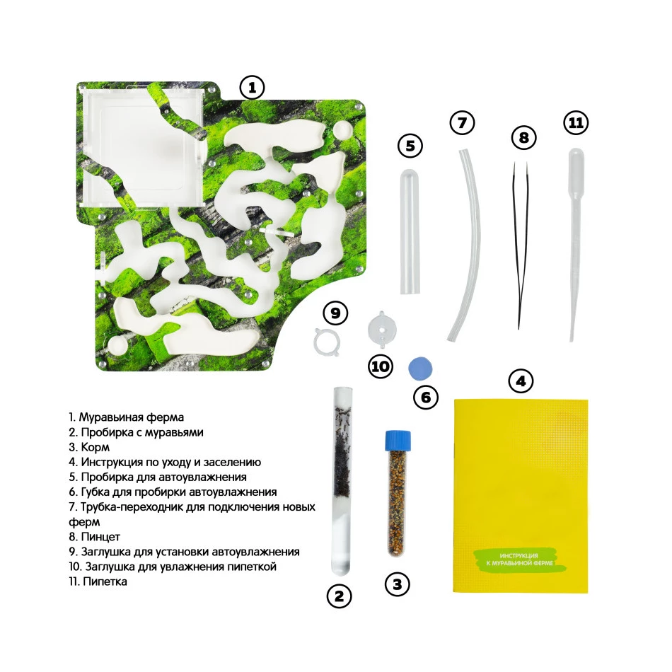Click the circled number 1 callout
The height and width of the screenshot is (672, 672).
point(252,88)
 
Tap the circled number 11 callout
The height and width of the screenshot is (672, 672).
point(576,122)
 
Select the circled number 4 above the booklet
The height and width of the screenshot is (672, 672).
point(521,381)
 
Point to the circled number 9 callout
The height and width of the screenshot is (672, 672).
point(335,313)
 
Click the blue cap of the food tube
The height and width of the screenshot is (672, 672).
point(398,440)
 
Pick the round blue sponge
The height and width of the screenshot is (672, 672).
point(420,368)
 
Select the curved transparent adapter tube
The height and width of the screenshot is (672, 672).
point(466,244)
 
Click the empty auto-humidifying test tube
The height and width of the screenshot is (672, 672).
point(410,231)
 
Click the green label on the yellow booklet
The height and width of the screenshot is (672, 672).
point(520,560)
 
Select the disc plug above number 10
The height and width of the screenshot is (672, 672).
point(382,329)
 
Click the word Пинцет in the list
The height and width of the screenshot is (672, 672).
point(100,537)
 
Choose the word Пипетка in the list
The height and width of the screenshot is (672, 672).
point(105,581)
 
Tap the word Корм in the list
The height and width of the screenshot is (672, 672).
point(95,447)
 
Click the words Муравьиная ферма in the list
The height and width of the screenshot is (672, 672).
point(131,417)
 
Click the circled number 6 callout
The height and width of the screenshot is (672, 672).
point(426,398)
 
